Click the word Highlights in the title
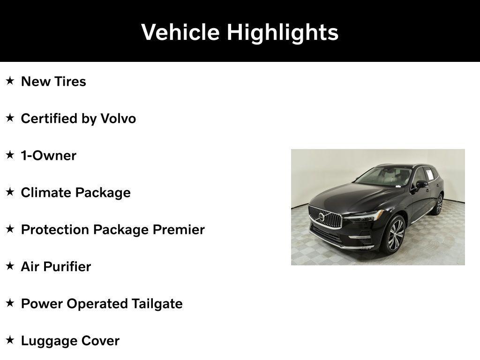pos(283,32)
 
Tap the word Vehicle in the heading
pos(180,32)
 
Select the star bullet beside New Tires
pos(10,81)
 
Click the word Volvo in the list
pos(118,119)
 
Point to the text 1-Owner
pos(48,156)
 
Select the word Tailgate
pos(157,304)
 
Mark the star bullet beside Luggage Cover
pos(10,340)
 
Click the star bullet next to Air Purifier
pos(10,266)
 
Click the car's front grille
pos(325,217)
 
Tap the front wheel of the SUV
pos(395,234)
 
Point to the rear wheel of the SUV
pos(439,205)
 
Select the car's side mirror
pos(421,184)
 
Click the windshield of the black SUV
pos(383,177)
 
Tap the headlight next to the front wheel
pos(365,217)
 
